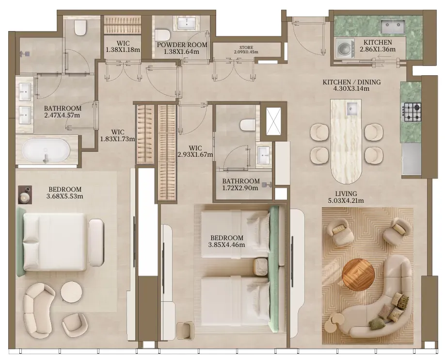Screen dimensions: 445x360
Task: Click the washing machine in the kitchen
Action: tap(345, 48)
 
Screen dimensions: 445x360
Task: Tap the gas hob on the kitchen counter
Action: tap(411, 112)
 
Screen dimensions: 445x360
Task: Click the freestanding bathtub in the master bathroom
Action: tap(46, 150)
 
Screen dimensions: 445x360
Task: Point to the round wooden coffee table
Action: tap(358, 275)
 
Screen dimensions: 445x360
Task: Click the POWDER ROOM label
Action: tap(182, 45)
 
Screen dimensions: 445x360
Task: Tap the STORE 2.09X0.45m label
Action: tap(246, 49)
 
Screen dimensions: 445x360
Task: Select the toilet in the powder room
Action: tap(162, 35)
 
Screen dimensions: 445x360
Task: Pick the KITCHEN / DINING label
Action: tap(351, 82)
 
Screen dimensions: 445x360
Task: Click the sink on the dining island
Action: tap(352, 109)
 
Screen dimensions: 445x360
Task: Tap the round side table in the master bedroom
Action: tap(72, 293)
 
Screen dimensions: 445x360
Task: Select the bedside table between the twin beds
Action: tap(260, 267)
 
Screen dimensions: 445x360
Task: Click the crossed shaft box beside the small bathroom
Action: tap(273, 122)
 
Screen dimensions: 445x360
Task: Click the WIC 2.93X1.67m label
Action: tap(195, 151)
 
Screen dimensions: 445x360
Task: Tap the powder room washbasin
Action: tap(187, 23)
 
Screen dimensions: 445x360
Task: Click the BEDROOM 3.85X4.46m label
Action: tap(227, 241)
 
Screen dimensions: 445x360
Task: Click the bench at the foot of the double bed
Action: tap(96, 243)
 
